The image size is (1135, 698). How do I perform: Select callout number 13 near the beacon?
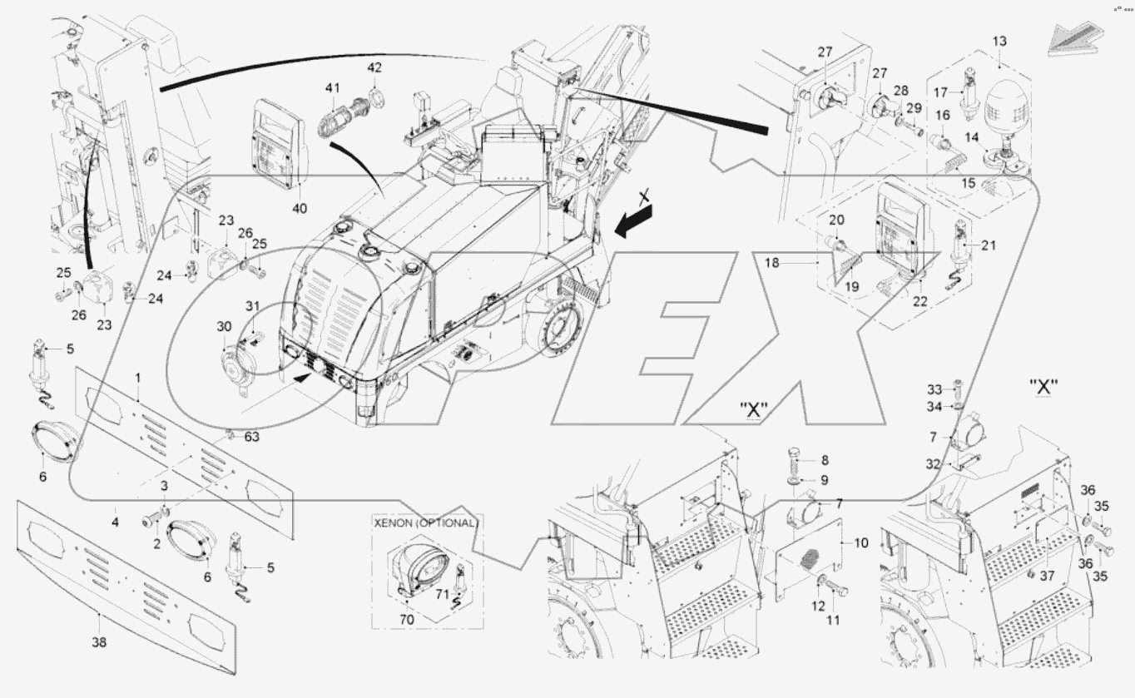[x=999, y=41]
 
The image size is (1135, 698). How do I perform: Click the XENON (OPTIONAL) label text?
[x=426, y=523]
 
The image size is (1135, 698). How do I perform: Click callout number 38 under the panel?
[x=100, y=641]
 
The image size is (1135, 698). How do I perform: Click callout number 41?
[x=333, y=87]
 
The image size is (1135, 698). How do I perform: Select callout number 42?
[x=374, y=67]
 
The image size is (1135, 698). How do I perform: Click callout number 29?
[x=914, y=109]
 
